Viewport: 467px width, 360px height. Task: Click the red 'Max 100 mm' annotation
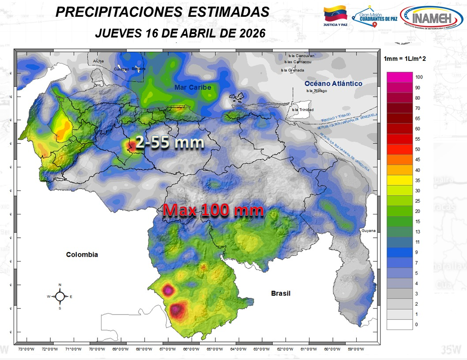coord(213,210)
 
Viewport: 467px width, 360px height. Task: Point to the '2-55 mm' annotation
coord(169,142)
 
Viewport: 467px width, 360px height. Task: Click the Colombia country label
coord(82,255)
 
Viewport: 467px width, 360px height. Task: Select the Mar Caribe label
coord(192,87)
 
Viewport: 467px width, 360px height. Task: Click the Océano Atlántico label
coord(333,83)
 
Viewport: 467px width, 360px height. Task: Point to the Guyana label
coord(368,231)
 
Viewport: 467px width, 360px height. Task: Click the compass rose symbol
coord(60,296)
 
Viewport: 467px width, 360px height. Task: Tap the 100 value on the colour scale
coord(419,77)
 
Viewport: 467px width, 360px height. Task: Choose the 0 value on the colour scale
coord(417,325)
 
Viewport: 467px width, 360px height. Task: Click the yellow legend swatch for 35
coord(399,180)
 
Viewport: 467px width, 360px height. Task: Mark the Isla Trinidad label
coord(303,109)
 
